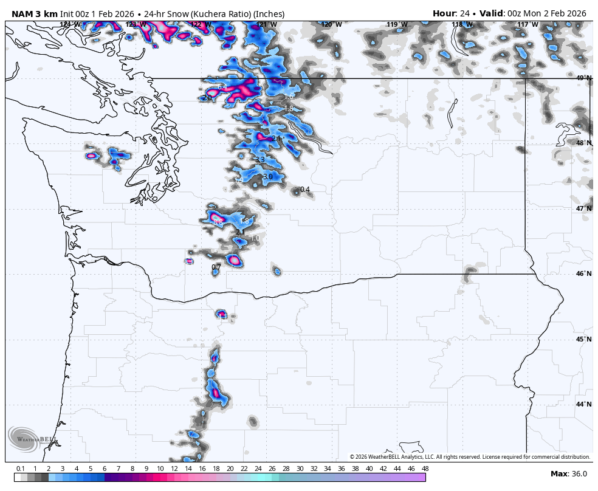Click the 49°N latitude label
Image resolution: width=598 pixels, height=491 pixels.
[583, 78]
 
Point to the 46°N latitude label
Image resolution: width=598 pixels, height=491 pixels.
[583, 273]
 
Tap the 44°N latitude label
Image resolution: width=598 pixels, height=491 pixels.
[583, 404]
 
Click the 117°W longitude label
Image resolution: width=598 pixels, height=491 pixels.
[527, 24]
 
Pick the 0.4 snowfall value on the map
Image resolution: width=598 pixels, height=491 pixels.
[305, 190]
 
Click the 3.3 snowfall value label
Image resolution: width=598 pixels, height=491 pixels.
[259, 160]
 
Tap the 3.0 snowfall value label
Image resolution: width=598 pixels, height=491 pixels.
[267, 177]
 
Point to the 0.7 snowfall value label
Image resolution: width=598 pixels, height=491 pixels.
[216, 267]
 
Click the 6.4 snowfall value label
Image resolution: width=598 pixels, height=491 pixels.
[222, 88]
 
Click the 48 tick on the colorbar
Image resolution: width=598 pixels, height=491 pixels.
[425, 469]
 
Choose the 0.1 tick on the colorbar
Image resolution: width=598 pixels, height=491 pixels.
[21, 469]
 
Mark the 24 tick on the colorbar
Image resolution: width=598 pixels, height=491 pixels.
[258, 469]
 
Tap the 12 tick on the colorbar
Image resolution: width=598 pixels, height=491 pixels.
[174, 469]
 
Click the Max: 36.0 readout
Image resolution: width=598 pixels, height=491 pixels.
[569, 474]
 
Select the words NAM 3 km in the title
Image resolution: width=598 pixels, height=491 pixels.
[34, 13]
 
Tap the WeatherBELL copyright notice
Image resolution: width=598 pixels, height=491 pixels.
[470, 457]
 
